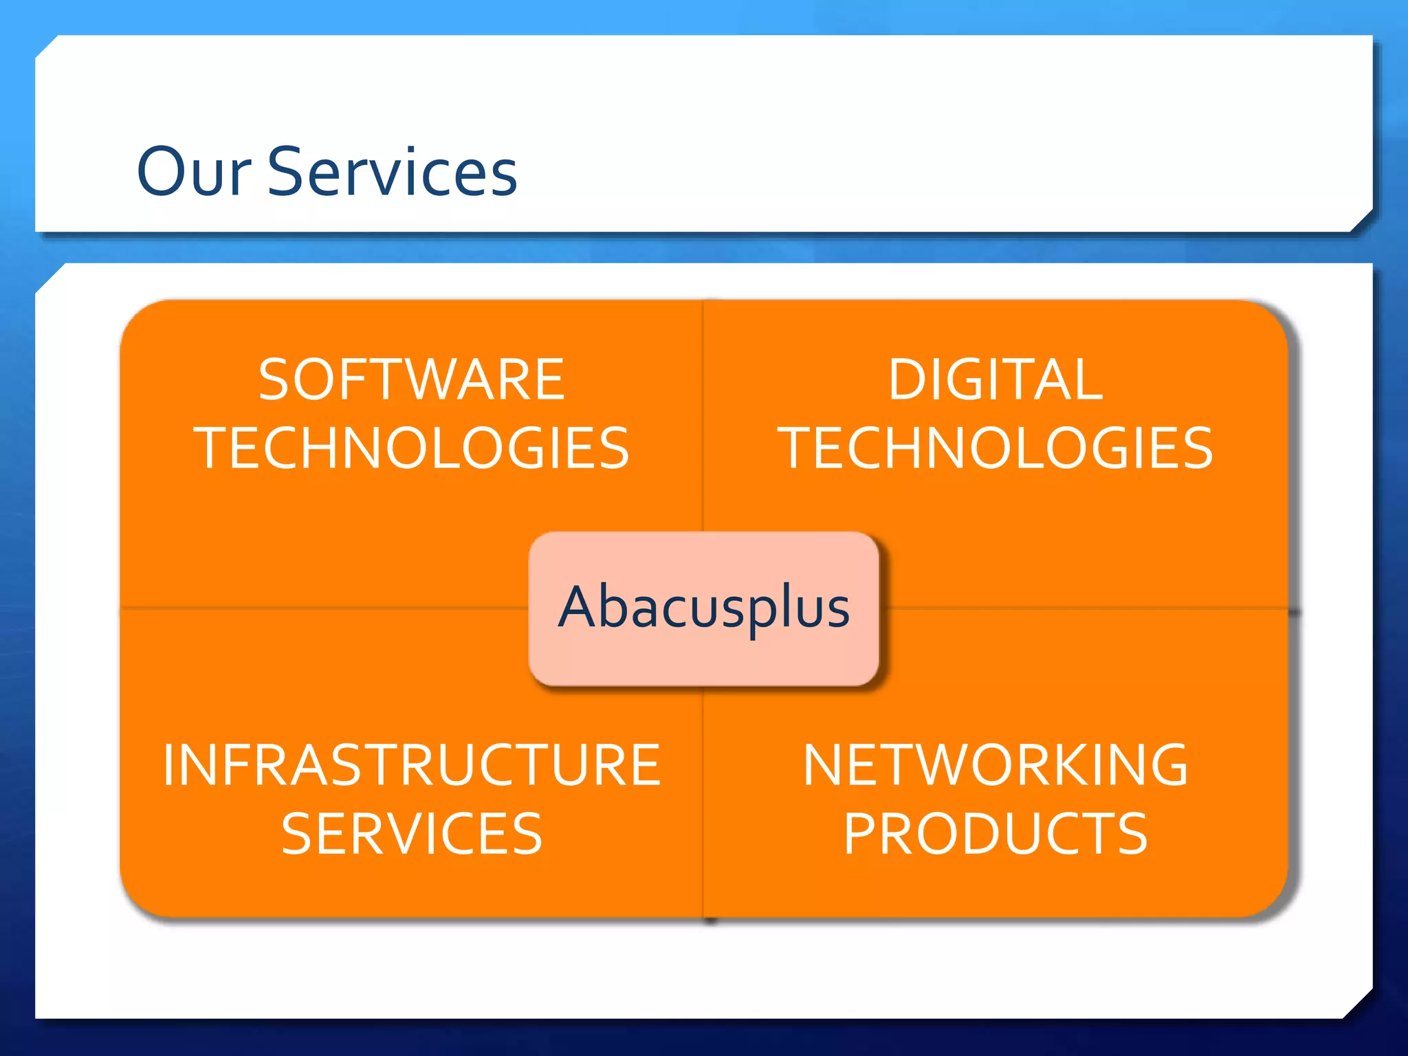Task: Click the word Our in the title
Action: [194, 171]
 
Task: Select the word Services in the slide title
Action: [392, 171]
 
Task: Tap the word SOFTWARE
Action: [412, 379]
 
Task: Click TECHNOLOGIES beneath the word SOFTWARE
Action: [412, 448]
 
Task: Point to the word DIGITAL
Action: [995, 379]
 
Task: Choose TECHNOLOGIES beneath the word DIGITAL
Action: [995, 448]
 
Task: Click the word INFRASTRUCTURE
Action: [412, 765]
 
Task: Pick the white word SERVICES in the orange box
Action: [412, 834]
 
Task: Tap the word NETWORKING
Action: [995, 765]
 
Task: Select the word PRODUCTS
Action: [995, 834]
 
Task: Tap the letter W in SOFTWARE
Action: [441, 379]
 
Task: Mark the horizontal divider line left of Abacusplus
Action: [323, 608]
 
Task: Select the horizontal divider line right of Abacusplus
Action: [1086, 608]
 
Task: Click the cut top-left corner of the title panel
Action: [47, 47]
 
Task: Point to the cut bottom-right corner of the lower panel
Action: [1360, 1006]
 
